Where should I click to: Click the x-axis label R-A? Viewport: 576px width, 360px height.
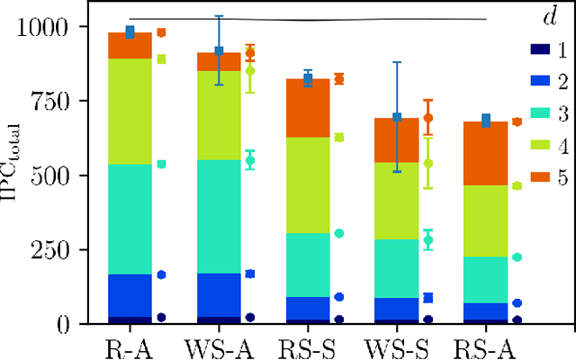[130, 346]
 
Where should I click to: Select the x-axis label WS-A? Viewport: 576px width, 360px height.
[213, 346]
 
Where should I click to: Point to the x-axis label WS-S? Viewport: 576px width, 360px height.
[397, 346]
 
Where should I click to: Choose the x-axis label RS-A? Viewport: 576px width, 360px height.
[483, 346]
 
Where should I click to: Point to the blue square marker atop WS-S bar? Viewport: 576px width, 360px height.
[396, 117]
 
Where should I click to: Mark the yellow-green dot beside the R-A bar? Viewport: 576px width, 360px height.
[162, 59]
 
